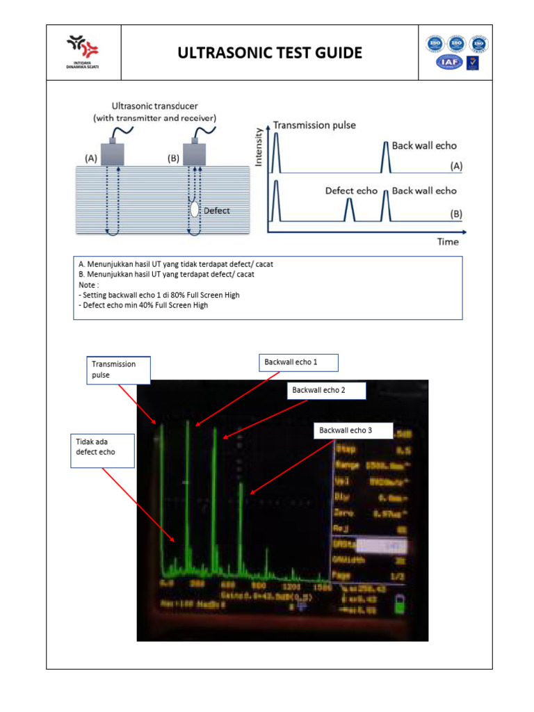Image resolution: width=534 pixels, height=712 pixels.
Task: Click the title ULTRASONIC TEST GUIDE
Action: pos(270,53)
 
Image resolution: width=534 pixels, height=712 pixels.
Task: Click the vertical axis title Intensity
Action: pos(260,147)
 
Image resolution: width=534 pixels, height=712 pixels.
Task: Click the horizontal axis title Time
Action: pos(448,241)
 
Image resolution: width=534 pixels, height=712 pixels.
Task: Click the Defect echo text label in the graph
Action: pos(351,191)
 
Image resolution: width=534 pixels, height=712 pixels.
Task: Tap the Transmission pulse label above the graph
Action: pos(314,125)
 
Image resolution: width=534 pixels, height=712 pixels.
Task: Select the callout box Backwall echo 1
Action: pos(299,362)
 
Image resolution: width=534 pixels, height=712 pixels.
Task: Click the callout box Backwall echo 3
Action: pos(353,430)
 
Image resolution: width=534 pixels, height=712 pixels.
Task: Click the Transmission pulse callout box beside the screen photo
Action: pos(118,369)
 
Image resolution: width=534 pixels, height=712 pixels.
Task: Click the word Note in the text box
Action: pos(89,284)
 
